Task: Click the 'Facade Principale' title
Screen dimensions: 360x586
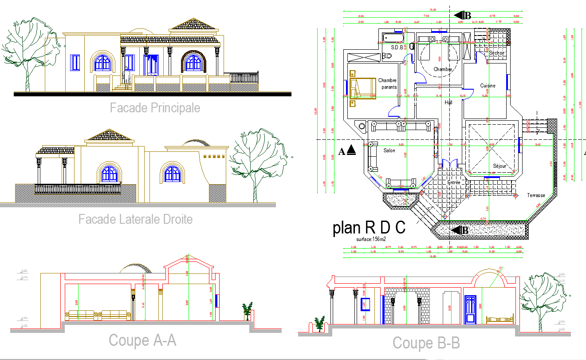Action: (x=155, y=108)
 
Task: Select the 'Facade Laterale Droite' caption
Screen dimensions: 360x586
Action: (x=135, y=219)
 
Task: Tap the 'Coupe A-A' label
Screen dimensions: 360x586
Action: (x=142, y=340)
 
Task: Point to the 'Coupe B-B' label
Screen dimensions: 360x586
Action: (x=426, y=343)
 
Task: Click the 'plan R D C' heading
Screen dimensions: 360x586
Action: (x=369, y=228)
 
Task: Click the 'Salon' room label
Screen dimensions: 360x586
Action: (x=389, y=151)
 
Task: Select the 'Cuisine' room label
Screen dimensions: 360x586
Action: (x=488, y=86)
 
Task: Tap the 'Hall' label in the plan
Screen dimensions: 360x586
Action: (x=448, y=103)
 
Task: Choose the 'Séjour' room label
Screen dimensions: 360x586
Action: (x=499, y=166)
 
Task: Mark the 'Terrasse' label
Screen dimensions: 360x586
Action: (x=536, y=195)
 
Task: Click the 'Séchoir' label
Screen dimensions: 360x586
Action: (x=497, y=53)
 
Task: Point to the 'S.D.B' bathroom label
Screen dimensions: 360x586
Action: (x=397, y=47)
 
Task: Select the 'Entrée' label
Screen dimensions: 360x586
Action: (x=454, y=182)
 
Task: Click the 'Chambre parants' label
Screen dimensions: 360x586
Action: (x=387, y=84)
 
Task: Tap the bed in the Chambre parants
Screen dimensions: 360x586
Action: (x=362, y=87)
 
